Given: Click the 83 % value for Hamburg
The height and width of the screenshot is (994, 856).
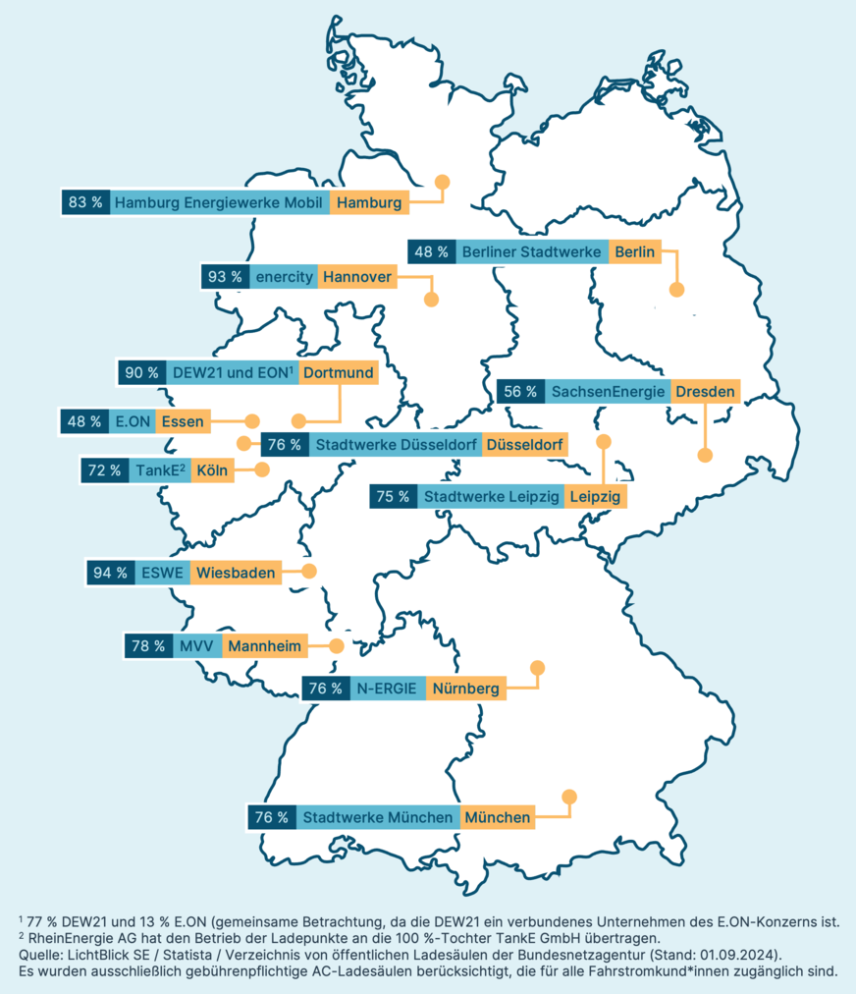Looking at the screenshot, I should (x=85, y=203).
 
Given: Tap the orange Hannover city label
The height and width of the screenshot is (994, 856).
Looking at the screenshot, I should (x=356, y=277).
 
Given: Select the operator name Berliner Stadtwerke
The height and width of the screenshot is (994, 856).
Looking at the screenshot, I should (x=531, y=252).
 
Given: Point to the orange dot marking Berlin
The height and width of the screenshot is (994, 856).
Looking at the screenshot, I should (x=675, y=290).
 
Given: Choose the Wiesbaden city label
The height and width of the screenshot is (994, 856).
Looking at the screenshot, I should (x=236, y=572).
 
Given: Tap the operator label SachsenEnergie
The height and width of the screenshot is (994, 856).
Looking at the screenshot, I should (x=608, y=391).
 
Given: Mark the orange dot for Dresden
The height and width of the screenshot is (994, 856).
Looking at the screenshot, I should (x=704, y=455).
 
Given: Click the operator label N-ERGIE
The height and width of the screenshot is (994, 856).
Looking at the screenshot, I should (x=387, y=688).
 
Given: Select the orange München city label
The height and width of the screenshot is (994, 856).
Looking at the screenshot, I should (x=498, y=816).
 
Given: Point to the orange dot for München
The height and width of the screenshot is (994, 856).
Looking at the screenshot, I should (x=568, y=797).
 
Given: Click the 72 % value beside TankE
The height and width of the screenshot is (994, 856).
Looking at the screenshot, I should (x=104, y=470).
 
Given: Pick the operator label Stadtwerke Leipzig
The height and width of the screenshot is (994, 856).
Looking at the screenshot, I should (x=491, y=497).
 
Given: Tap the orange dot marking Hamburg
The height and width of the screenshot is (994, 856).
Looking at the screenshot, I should (x=442, y=182).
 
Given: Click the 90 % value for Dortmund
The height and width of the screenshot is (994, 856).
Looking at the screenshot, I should (x=140, y=372).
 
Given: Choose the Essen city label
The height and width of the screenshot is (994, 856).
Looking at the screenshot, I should (x=183, y=421).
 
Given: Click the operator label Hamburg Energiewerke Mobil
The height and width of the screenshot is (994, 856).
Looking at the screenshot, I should (x=219, y=203).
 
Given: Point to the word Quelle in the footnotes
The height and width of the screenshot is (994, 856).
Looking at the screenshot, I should (x=40, y=954).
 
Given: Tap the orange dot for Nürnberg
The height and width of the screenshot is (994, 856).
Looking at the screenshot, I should (x=536, y=669).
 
